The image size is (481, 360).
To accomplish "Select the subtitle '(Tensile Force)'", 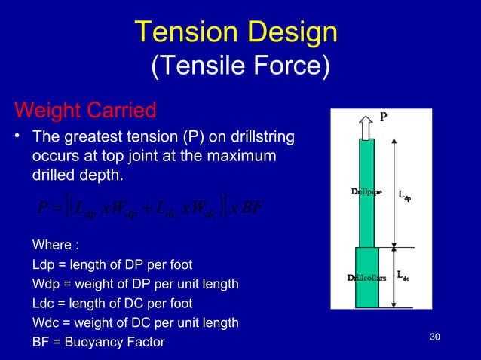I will point(240,67).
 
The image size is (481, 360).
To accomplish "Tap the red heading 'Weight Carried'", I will point(85,111).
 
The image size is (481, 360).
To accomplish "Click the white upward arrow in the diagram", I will point(367,127).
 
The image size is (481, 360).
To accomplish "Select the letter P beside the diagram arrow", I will point(384,117).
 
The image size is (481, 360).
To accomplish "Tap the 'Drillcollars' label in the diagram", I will point(366,277).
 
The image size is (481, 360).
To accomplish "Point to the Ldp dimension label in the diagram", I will point(405,194).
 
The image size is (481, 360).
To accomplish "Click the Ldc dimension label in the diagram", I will point(403,277).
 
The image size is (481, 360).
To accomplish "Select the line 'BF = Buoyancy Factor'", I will point(98,342).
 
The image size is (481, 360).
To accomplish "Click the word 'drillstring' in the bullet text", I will point(262,140).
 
